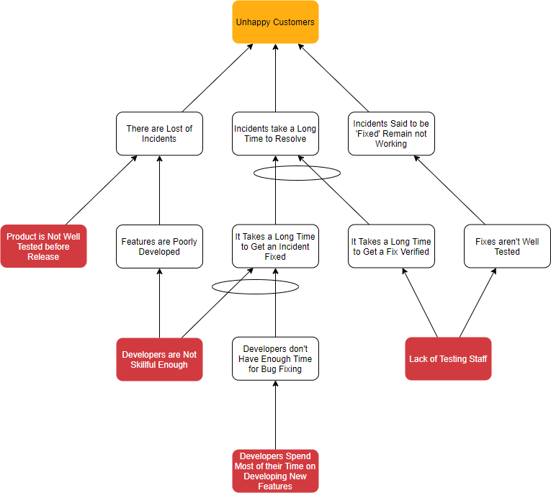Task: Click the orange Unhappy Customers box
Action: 275,22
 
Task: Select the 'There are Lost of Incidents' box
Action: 159,134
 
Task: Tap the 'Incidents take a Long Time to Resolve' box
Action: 275,134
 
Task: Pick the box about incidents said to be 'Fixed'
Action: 391,134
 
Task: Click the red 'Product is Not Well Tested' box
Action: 43,246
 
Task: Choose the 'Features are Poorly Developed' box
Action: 159,247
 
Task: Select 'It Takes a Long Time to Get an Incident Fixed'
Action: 275,246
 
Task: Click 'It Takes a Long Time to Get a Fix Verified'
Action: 391,246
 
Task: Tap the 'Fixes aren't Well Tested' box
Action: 507,246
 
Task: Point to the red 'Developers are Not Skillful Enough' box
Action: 159,359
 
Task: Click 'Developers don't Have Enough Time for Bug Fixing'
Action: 275,359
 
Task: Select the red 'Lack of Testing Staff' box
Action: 448,358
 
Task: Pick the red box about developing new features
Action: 275,471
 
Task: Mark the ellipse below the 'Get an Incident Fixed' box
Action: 255,286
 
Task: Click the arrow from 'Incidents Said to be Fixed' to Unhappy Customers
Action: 333,78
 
